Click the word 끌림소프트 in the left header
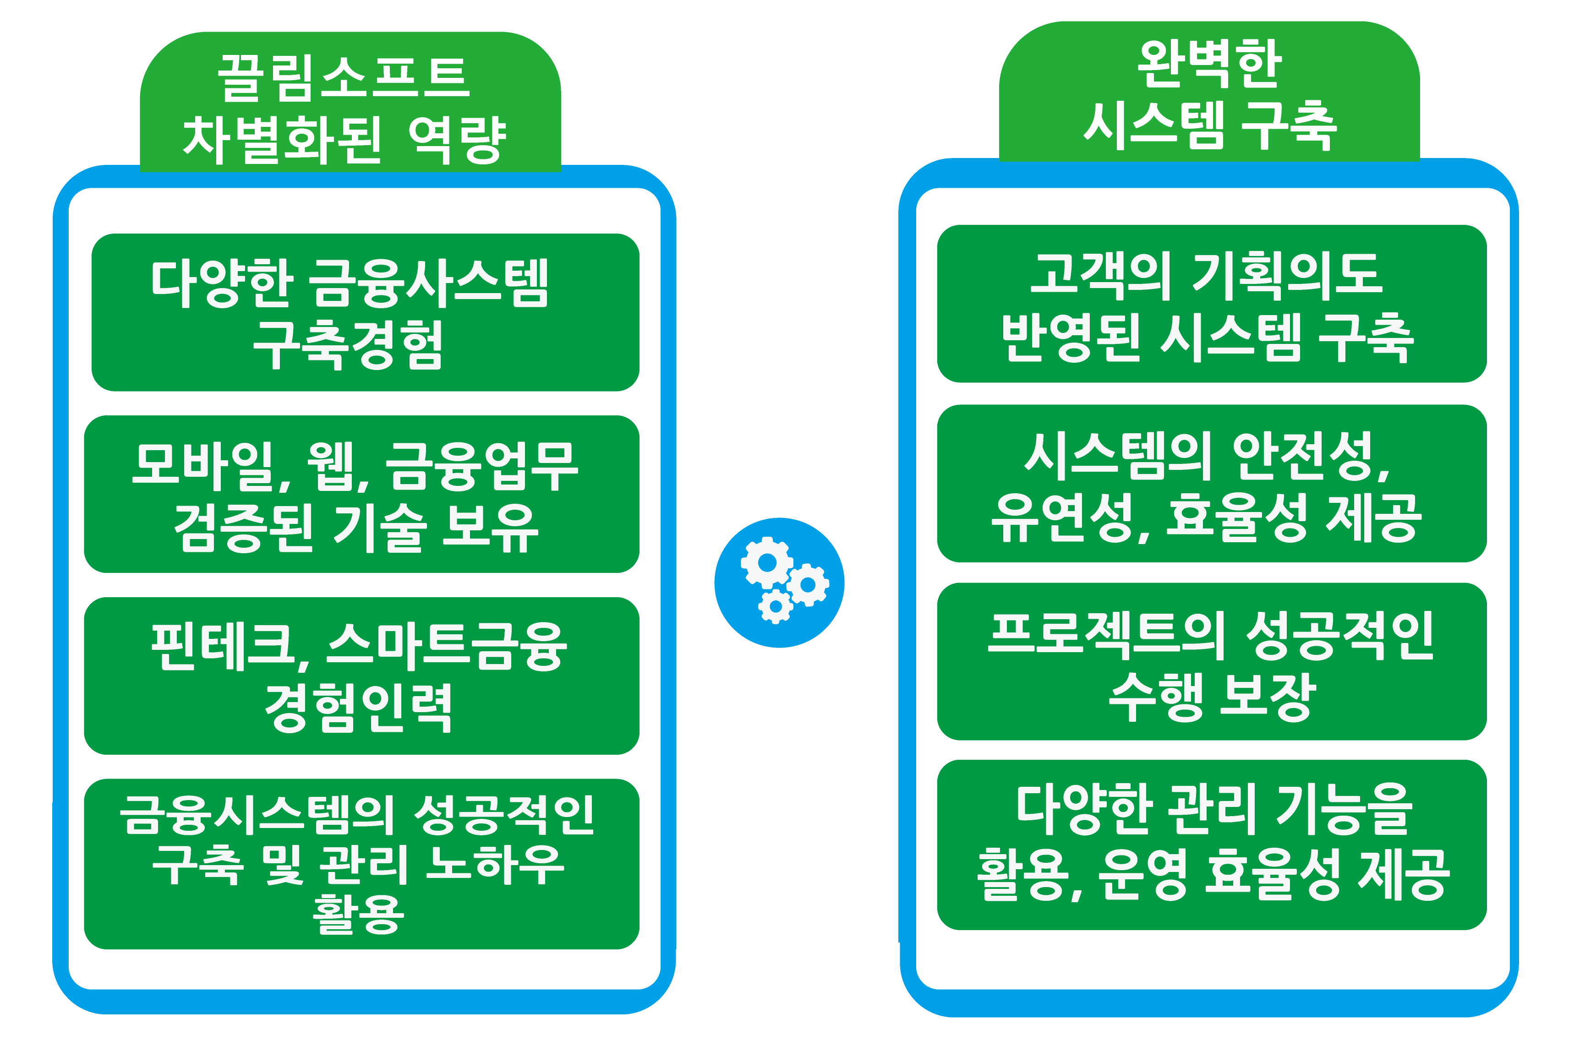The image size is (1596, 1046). pyautogui.click(x=344, y=78)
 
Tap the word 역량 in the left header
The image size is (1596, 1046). pyautogui.click(x=457, y=140)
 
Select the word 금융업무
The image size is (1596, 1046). pyautogui.click(x=482, y=465)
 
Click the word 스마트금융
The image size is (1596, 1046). pyautogui.click(x=447, y=648)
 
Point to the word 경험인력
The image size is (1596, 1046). pyautogui.click(x=359, y=708)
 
